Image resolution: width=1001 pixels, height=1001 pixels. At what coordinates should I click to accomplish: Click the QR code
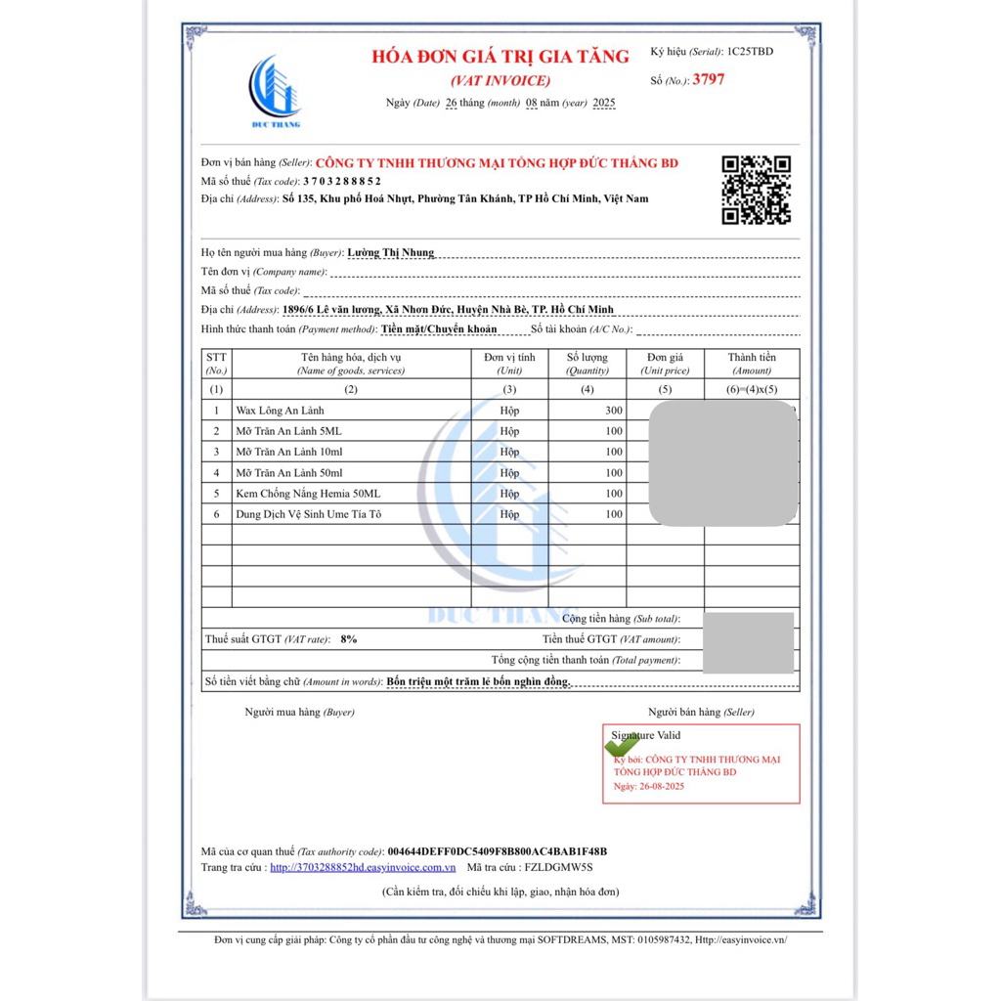pyautogui.click(x=756, y=190)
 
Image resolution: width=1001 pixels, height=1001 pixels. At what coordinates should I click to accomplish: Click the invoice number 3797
pyautogui.click(x=709, y=80)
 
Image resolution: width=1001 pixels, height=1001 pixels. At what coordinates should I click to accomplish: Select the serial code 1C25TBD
pyautogui.click(x=750, y=51)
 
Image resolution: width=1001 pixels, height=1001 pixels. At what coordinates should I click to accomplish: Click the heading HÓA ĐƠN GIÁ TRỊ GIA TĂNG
pyautogui.click(x=500, y=57)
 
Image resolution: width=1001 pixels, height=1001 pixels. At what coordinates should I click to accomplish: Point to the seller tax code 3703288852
pyautogui.click(x=342, y=181)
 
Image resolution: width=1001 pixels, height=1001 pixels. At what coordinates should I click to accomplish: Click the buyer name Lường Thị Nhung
pyautogui.click(x=390, y=252)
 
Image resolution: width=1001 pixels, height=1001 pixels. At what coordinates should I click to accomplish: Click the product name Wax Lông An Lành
pyautogui.click(x=280, y=411)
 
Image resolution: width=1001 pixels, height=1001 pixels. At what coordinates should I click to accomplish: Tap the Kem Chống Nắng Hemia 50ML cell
pyautogui.click(x=308, y=494)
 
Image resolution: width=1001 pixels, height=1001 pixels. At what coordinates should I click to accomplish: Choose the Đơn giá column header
pyautogui.click(x=665, y=364)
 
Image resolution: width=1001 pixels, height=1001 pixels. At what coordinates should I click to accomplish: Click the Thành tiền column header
pyautogui.click(x=752, y=364)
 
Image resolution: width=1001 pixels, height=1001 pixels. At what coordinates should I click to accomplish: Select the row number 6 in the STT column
pyautogui.click(x=216, y=514)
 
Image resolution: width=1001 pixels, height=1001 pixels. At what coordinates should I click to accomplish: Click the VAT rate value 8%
pyautogui.click(x=348, y=638)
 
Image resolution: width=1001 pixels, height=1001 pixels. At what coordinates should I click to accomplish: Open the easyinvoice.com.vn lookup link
pyautogui.click(x=363, y=867)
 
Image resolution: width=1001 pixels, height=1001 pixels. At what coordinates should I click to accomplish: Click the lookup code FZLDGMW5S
pyautogui.click(x=559, y=867)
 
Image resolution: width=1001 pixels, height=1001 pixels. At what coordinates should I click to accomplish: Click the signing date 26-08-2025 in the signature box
pyautogui.click(x=663, y=786)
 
